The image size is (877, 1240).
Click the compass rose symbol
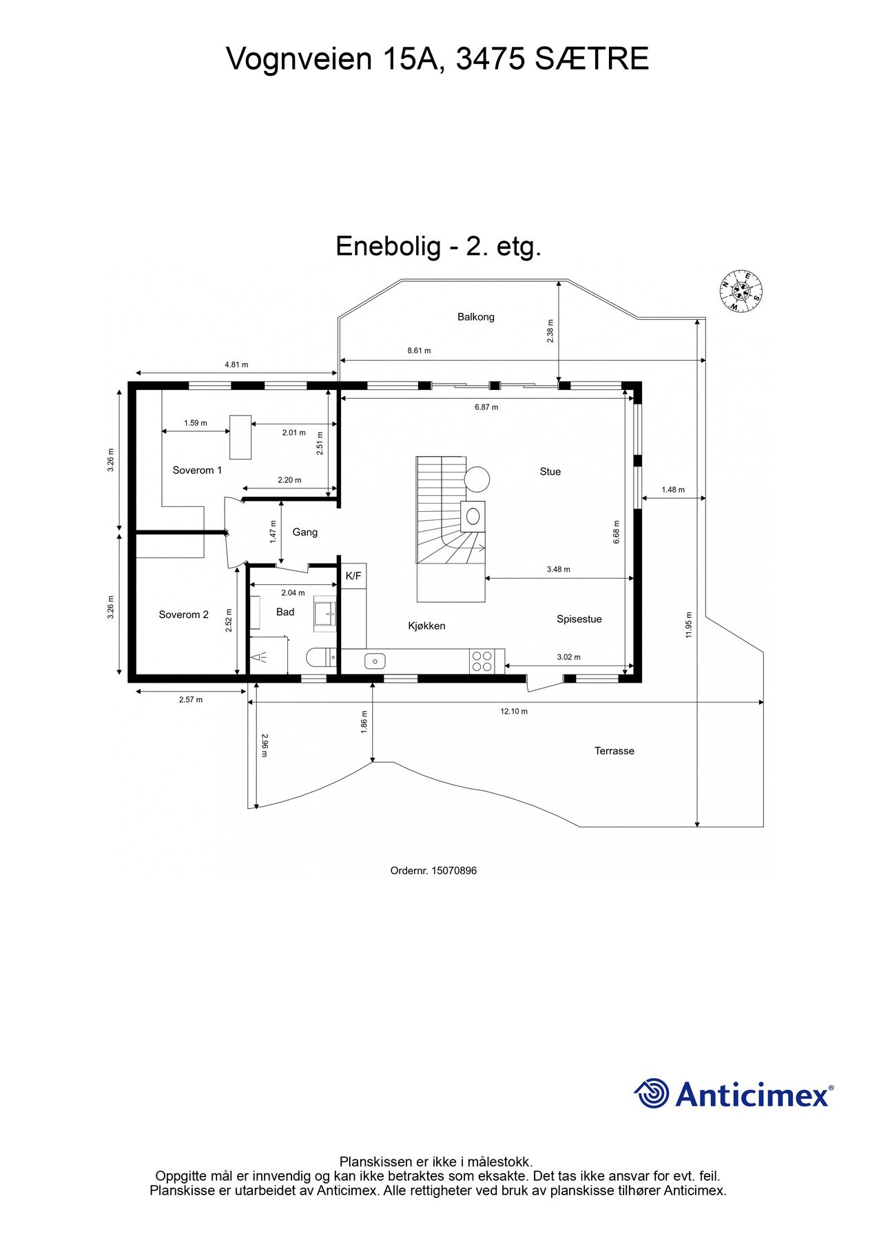tap(741, 291)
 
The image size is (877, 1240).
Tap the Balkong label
tap(475, 317)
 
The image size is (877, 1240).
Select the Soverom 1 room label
tap(197, 471)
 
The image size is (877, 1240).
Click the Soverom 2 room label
tap(183, 614)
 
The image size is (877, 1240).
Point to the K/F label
tap(353, 576)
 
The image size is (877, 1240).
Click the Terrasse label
tap(614, 751)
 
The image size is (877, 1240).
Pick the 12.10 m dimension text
tap(513, 712)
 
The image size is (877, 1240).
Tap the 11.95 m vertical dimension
tap(689, 625)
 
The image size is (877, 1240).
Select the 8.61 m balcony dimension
tap(418, 351)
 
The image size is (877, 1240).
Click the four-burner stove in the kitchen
tap(482, 661)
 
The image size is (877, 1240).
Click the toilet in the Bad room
tap(321, 658)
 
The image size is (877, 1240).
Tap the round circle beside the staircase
tap(477, 477)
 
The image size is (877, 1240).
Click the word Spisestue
tap(579, 619)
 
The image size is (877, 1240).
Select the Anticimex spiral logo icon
tap(651, 1093)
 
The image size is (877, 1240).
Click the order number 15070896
tap(453, 871)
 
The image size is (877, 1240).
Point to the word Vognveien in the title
tap(298, 60)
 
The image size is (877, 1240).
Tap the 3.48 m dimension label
tap(558, 570)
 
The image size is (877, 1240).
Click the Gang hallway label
tap(305, 533)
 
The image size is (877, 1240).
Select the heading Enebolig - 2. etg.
tap(438, 247)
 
